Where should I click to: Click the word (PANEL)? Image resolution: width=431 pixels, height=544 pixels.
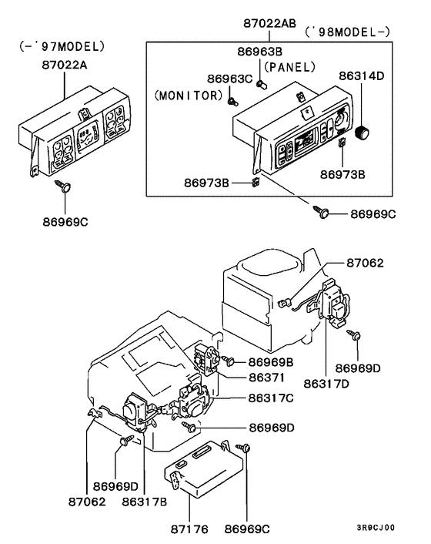point(296,67)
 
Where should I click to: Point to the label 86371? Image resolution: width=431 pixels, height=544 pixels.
point(266,378)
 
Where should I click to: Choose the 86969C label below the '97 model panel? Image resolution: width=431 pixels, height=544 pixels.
point(65,222)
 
